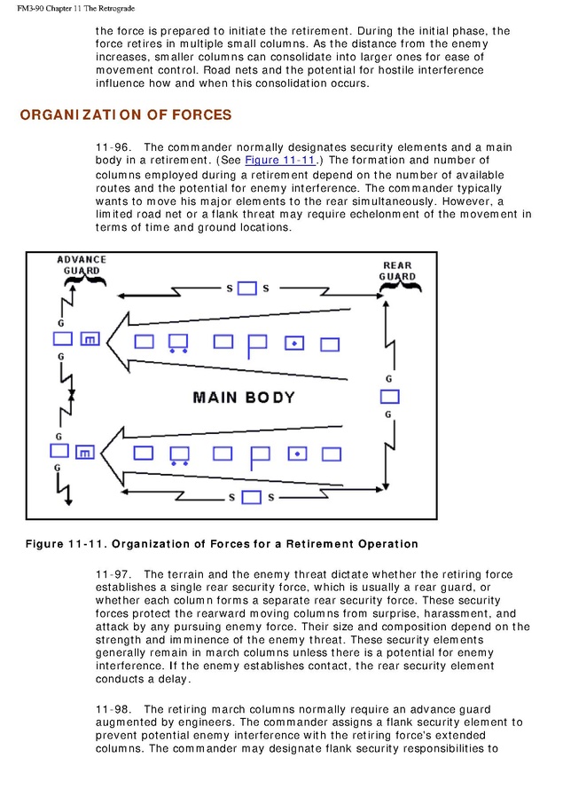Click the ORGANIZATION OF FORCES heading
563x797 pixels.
pos(125,115)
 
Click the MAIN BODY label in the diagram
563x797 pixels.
pos(243,397)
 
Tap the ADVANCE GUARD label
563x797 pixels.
pos(82,264)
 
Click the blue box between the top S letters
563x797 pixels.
pos(248,288)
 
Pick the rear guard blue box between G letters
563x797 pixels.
pos(389,397)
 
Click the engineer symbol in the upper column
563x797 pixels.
pos(89,339)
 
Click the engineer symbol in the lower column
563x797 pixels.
pos(85,453)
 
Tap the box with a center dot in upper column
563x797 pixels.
pos(294,343)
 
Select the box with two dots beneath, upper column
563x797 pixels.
pos(178,342)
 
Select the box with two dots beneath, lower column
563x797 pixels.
pos(178,454)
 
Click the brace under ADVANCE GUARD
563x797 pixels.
pos(85,283)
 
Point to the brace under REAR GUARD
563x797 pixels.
pos(396,286)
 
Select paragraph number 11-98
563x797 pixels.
pos(112,709)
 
